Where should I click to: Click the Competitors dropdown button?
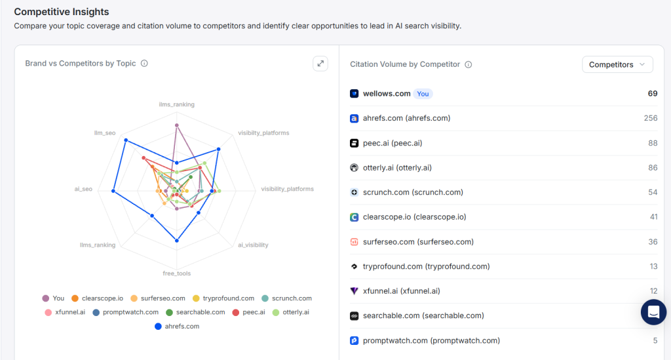[617, 64]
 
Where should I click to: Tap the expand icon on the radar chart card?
[320, 64]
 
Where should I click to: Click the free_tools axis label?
[177, 273]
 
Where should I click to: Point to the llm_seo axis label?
[105, 133]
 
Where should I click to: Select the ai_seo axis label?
[83, 190]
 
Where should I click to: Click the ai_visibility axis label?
[253, 245]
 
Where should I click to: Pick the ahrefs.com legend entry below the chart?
[177, 326]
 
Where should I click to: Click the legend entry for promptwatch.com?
[125, 312]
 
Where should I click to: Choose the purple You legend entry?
[54, 298]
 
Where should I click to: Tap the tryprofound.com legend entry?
[224, 298]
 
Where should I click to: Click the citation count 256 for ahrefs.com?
[650, 118]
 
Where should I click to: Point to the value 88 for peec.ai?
[652, 143]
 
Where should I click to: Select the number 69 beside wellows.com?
[652, 94]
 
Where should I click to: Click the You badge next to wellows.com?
[423, 94]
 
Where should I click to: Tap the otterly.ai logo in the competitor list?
[354, 168]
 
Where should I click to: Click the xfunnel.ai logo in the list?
[354, 290]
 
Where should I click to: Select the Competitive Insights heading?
[62, 12]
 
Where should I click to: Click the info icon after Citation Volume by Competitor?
[469, 64]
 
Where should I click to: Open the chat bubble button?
[653, 312]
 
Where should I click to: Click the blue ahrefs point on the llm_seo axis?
[125, 140]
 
